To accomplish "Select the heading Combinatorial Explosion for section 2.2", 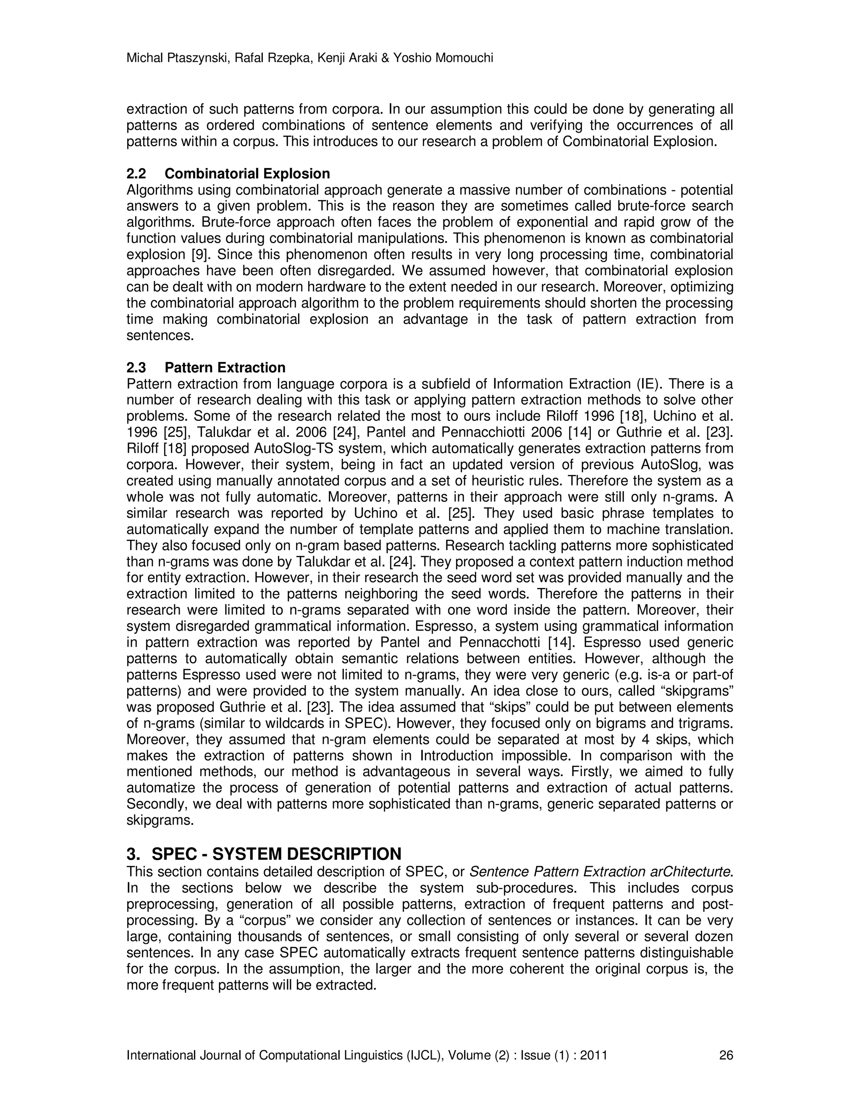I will (x=247, y=174).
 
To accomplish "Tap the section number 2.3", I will (x=136, y=367).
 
